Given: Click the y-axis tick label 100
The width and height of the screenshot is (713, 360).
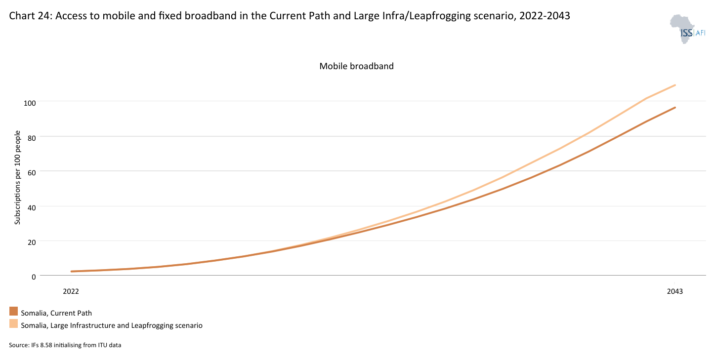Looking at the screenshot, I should (x=30, y=102).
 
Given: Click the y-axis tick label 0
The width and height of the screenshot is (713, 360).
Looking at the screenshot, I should (x=34, y=277).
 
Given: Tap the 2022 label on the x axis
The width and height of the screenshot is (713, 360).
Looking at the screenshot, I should (x=71, y=291).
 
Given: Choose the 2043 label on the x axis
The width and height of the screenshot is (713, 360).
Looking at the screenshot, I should (x=674, y=291).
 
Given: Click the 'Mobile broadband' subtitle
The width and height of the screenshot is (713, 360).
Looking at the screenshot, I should (x=356, y=66).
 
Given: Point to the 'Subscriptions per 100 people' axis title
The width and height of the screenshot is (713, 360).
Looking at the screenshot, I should (x=18, y=178).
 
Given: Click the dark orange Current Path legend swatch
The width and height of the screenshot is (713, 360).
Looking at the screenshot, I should (x=13, y=312).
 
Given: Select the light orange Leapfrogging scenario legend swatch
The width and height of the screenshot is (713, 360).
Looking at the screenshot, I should (x=13, y=324).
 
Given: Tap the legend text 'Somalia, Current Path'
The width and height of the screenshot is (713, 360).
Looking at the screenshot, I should (x=56, y=313).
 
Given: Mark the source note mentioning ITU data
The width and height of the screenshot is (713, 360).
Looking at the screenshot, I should (x=65, y=345).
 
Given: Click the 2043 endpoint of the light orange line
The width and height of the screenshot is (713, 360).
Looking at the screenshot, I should (x=674, y=85).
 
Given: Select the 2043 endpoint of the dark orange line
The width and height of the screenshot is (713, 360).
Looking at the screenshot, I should (x=674, y=108).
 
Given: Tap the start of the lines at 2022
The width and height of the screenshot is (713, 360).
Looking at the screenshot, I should (x=72, y=271).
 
